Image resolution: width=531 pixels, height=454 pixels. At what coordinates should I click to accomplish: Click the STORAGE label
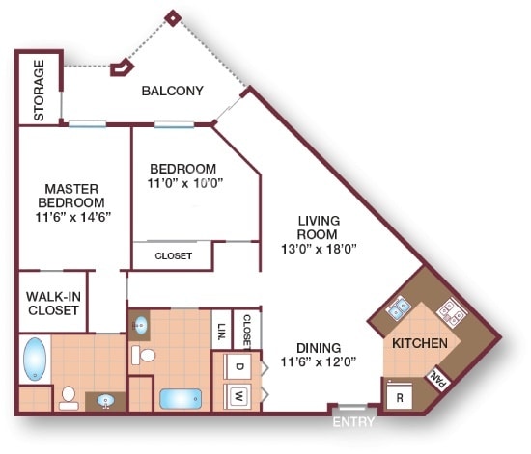[40, 91]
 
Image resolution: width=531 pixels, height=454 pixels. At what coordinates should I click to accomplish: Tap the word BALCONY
[172, 92]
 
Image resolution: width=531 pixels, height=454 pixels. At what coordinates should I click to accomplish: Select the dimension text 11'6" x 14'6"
[71, 217]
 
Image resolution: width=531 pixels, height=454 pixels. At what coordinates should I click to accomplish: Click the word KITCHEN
[418, 343]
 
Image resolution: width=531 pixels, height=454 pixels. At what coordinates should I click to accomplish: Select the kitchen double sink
[398, 309]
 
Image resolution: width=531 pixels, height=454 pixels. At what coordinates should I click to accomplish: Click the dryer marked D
[237, 366]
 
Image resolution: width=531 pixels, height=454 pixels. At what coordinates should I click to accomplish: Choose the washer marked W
[237, 395]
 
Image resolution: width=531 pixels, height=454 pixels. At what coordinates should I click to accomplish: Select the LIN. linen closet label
[221, 330]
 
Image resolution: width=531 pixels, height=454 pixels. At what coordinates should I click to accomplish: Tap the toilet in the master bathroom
[69, 397]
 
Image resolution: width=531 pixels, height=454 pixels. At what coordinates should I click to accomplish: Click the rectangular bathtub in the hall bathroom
[180, 397]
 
